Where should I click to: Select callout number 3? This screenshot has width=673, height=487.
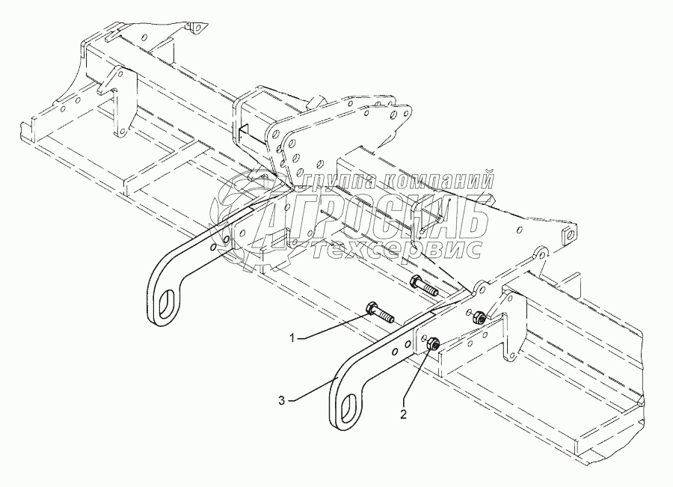click(282, 400)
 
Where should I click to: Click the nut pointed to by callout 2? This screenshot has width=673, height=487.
click(431, 344)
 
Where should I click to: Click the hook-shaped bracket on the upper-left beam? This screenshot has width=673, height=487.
click(116, 101)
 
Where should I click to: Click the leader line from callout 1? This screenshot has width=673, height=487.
click(332, 327)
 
